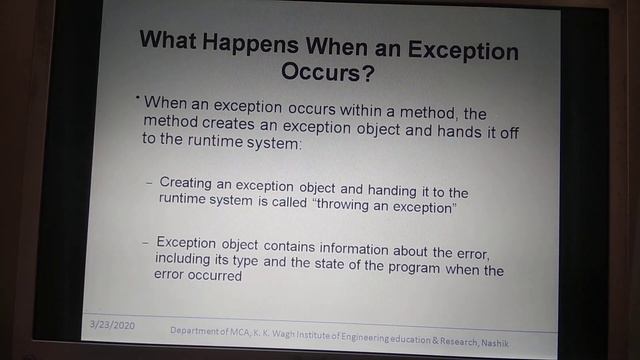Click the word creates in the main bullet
tap(233, 124)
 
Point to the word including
tap(183, 260)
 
